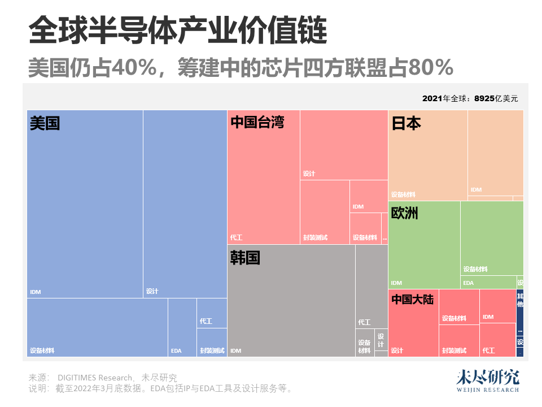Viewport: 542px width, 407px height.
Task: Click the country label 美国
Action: tap(45, 123)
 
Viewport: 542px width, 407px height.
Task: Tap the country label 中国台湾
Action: tap(257, 122)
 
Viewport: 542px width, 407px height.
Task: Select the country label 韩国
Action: tap(245, 258)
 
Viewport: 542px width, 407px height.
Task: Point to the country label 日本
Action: tap(406, 123)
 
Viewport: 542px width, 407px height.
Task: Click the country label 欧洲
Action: tap(405, 213)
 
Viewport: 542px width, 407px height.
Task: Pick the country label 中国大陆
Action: tap(413, 299)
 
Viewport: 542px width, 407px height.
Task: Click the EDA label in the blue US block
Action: tap(176, 351)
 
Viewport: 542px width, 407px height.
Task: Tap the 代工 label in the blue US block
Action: tap(206, 321)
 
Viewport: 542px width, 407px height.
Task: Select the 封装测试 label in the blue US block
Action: tap(212, 351)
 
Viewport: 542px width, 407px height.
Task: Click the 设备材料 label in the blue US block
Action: tap(42, 350)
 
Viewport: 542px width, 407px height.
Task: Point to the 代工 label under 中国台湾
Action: tap(237, 237)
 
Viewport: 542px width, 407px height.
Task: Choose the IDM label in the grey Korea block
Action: tap(235, 351)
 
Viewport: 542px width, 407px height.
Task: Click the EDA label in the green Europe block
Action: tap(469, 283)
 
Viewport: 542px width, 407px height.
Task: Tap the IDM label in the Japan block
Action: tap(476, 190)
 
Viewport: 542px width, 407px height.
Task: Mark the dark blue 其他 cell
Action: tap(520, 301)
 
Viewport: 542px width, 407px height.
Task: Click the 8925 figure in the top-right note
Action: tap(484, 98)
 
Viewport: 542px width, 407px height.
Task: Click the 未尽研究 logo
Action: tap(487, 380)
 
